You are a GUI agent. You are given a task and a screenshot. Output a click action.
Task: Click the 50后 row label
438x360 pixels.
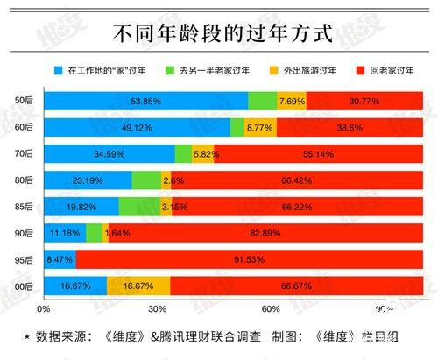click(25, 102)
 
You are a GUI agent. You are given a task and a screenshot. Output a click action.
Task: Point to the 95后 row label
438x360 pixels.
click(25, 260)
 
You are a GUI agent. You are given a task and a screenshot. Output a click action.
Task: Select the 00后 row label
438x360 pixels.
click(25, 286)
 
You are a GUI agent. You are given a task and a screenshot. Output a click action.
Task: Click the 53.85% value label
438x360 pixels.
click(146, 102)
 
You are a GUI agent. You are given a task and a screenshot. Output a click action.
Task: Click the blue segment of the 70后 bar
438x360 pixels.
click(109, 155)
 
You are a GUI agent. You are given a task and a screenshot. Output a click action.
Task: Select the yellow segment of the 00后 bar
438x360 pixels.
click(138, 286)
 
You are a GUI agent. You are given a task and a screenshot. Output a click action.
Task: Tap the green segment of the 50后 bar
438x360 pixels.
click(262, 102)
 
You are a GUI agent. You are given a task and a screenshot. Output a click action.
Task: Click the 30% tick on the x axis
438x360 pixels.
click(158, 308)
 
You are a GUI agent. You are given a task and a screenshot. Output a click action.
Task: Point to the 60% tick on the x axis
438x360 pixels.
click(272, 308)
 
